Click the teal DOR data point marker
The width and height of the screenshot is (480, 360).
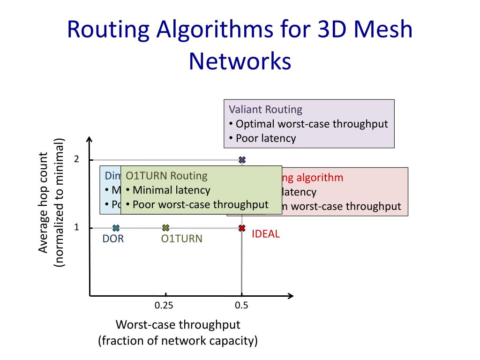116,228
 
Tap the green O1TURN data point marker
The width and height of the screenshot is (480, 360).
165,228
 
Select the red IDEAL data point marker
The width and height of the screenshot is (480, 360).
242,228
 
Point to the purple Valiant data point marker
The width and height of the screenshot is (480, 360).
242,160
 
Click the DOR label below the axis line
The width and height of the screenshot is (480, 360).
113,239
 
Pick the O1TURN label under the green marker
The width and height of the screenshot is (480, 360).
182,239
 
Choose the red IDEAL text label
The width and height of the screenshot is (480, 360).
266,234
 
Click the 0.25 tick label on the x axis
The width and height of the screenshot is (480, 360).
164,306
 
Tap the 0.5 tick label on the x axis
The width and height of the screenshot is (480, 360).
241,306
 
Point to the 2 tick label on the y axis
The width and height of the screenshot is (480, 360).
76,159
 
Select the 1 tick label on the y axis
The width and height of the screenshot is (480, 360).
76,227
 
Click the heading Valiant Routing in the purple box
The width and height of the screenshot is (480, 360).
265,110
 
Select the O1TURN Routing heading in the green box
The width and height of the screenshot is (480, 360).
166,176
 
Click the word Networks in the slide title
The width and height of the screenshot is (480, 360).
240,61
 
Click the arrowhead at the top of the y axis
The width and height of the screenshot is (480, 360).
90,140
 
